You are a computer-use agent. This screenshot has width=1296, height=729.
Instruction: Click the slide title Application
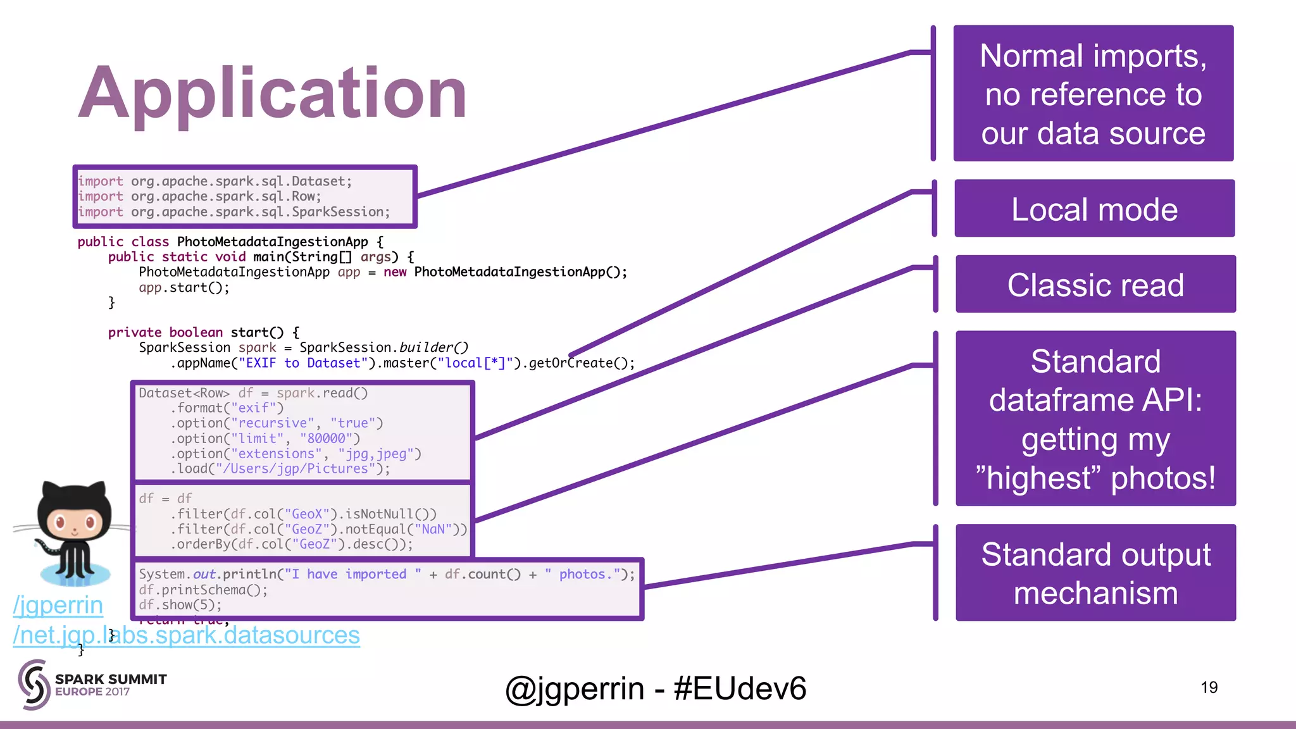tap(272, 94)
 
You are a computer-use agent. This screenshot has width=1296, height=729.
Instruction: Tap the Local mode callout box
tap(1094, 209)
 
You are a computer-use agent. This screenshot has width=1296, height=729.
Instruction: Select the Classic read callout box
tap(1095, 284)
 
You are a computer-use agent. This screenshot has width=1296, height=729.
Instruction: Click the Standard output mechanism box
tap(1095, 573)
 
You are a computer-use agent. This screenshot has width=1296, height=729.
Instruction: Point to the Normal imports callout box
tap(1093, 94)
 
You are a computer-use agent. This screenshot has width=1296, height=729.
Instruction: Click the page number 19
tap(1209, 687)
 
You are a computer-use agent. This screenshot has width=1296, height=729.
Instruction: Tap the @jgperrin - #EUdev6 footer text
tap(656, 688)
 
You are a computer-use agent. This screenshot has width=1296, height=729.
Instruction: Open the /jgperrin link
tap(58, 606)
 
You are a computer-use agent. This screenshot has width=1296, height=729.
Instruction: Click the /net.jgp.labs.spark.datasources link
tap(186, 635)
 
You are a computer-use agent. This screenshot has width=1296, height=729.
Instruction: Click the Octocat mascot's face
tap(75, 522)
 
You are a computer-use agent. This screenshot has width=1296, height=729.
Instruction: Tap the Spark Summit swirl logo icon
tap(34, 684)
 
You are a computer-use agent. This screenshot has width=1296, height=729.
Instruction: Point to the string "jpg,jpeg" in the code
tap(379, 454)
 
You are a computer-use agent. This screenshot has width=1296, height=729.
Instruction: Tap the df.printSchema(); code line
tap(203, 590)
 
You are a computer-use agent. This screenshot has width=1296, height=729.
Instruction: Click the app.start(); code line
tap(184, 287)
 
